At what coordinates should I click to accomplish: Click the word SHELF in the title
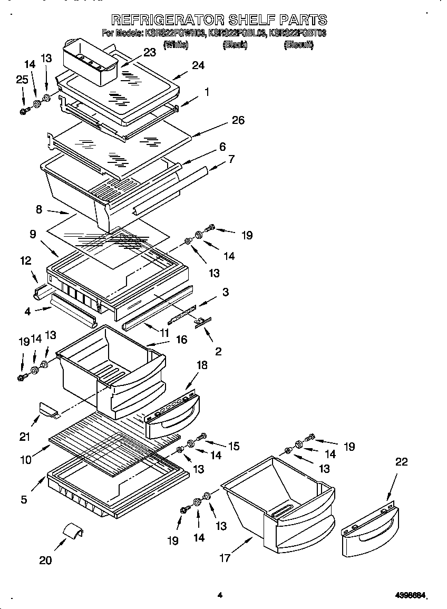tap(249, 20)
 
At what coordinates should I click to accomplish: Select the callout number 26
tap(238, 121)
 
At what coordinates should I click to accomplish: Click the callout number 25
tap(21, 80)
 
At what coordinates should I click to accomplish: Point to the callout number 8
tap(38, 209)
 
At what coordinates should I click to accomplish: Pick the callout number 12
tap(25, 260)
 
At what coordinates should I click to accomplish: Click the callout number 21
tap(25, 436)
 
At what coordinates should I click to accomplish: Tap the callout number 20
tap(45, 560)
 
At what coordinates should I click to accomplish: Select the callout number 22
tap(401, 462)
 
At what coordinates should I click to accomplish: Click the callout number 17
tap(225, 558)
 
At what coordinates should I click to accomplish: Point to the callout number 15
tap(233, 446)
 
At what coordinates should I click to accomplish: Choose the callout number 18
tap(201, 365)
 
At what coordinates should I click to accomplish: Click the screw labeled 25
tap(24, 111)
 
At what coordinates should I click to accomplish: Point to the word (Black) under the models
tap(235, 45)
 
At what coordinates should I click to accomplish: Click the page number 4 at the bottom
tap(220, 595)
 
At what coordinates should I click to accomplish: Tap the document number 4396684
tap(410, 596)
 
